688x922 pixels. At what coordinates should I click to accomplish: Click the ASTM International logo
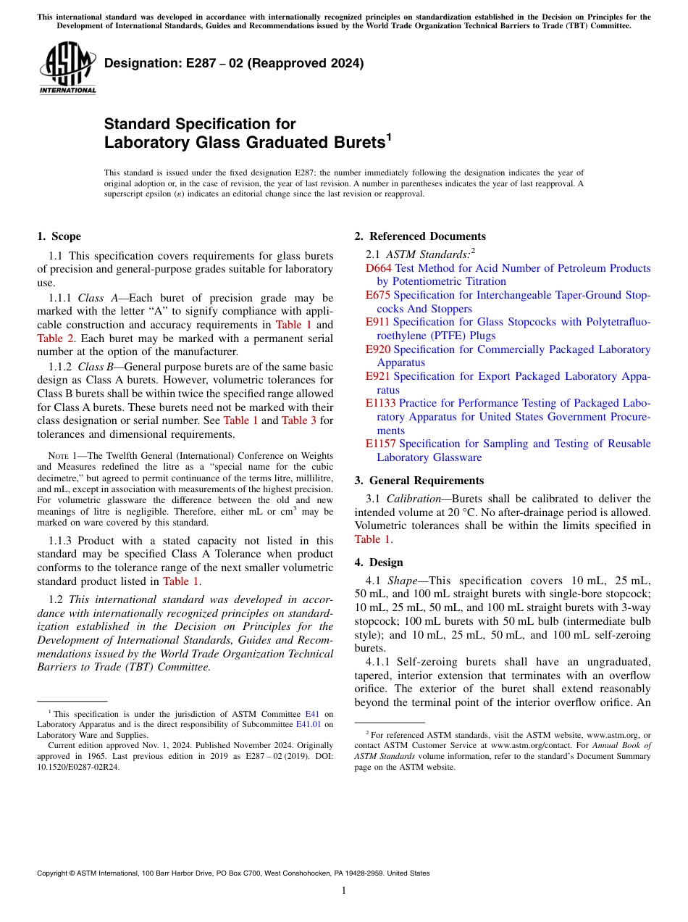pos(67,69)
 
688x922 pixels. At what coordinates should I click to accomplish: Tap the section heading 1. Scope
pos(59,236)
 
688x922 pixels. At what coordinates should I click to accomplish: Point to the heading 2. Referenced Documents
pos(420,236)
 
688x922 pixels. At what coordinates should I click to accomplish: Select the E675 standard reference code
pos(378,295)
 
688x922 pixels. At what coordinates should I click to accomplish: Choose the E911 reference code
pos(378,322)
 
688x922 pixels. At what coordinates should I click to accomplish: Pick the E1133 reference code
pos(380,403)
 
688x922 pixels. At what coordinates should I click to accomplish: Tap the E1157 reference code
pos(380,444)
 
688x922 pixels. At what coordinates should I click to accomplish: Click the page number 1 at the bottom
pos(344,891)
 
